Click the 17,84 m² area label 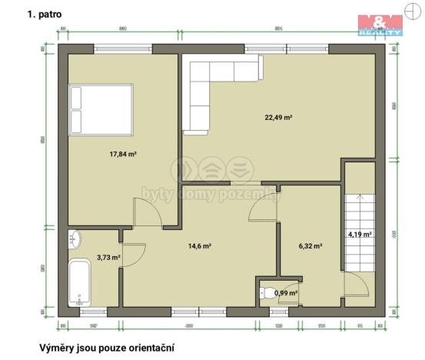coord(123,154)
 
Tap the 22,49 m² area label coord(279,117)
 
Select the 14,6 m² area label coord(200,246)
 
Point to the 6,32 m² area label coord(310,246)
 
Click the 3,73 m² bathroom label coord(108,258)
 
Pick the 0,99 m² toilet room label coord(285,292)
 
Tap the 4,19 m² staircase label coord(359,234)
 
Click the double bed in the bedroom coord(102,109)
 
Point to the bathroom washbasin coord(75,239)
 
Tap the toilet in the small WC coord(267,292)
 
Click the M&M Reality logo coord(380,24)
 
